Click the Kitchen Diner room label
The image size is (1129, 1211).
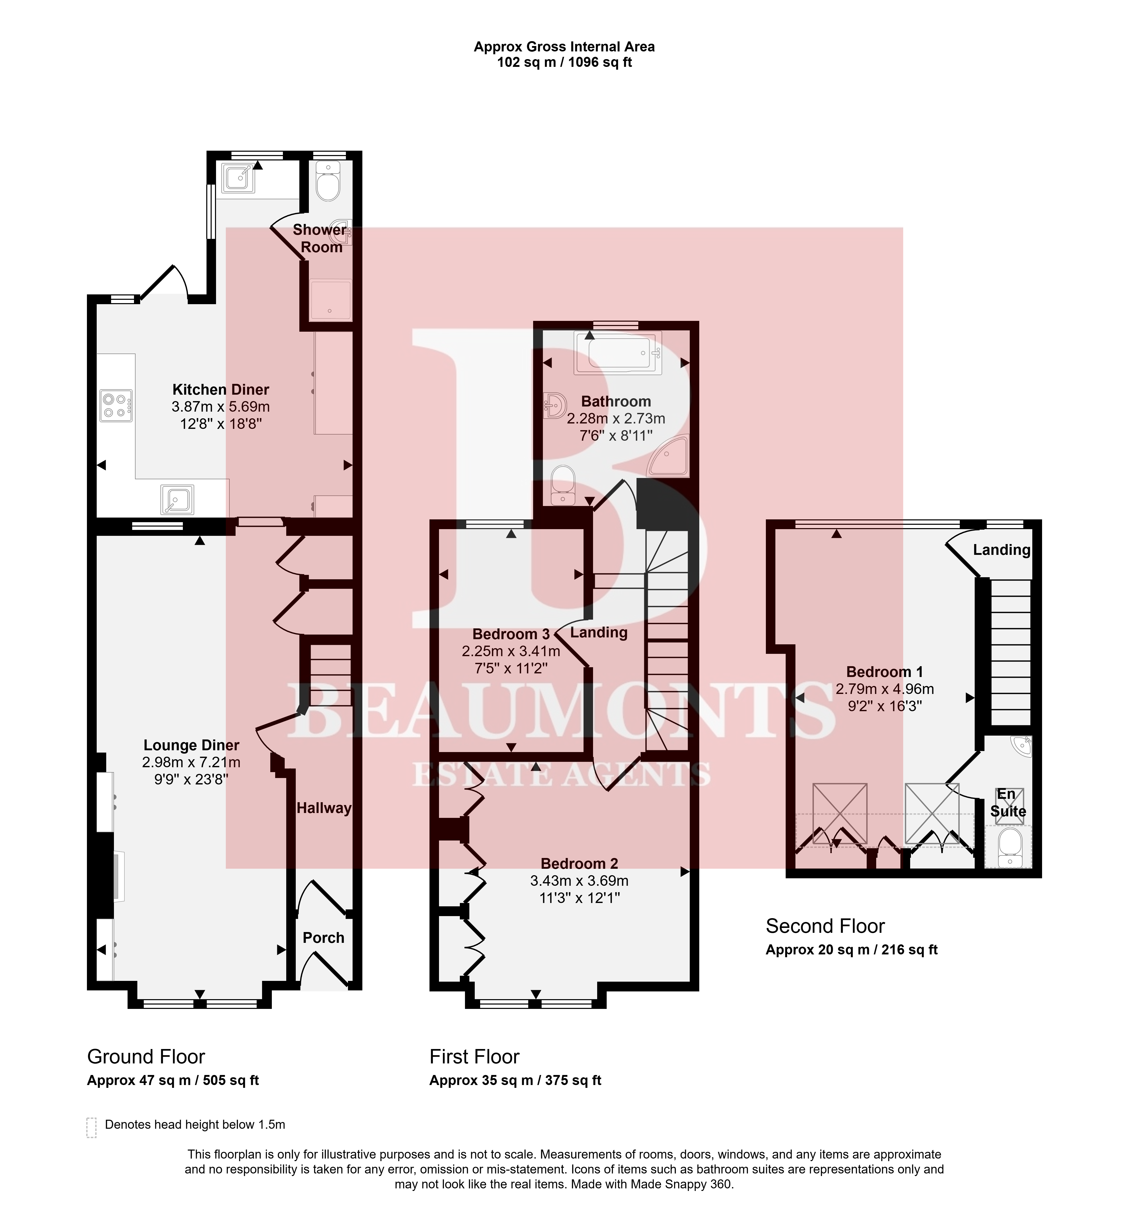221,389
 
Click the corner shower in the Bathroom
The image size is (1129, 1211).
669,456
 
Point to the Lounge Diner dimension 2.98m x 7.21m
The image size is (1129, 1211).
191,762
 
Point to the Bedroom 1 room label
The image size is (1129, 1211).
885,672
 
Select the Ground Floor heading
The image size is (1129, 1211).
146,1056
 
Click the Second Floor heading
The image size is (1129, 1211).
825,926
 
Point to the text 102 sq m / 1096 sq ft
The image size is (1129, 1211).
564,62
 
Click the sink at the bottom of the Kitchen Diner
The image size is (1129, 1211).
177,500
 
